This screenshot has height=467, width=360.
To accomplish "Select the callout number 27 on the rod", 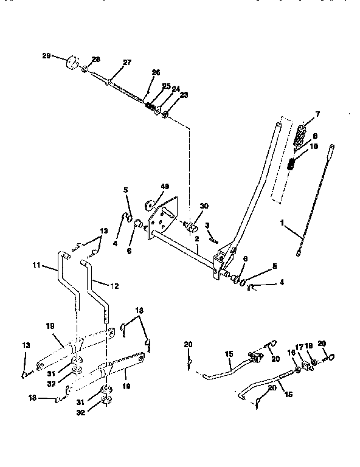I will pyautogui.click(x=126, y=62).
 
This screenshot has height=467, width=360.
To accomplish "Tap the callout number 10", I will pyautogui.click(x=314, y=146).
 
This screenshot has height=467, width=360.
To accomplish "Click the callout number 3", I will pyautogui.click(x=207, y=226).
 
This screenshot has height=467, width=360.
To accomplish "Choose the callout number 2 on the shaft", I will pyautogui.click(x=198, y=238).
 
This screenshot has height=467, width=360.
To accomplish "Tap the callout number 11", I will pyautogui.click(x=35, y=265).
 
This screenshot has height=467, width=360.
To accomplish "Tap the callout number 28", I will pyautogui.click(x=95, y=59).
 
